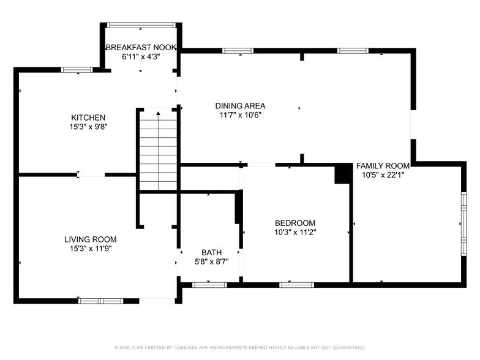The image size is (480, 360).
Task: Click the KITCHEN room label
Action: pyautogui.click(x=88, y=118)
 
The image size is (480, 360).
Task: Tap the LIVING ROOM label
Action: pyautogui.click(x=91, y=239)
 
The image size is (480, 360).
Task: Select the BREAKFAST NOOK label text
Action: pyautogui.click(x=141, y=47)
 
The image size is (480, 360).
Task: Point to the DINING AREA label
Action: pyautogui.click(x=240, y=105)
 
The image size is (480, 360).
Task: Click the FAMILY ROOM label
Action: pyautogui.click(x=383, y=165)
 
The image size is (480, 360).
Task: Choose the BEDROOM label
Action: pyautogui.click(x=294, y=223)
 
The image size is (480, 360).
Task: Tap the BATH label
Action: pyautogui.click(x=211, y=252)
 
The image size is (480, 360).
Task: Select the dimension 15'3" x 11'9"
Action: pyautogui.click(x=91, y=249)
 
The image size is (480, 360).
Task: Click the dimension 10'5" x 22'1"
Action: pyautogui.click(x=383, y=174)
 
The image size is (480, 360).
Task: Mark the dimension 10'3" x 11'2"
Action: pyautogui.click(x=294, y=232)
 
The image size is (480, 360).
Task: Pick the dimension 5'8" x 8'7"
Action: pyautogui.click(x=211, y=261)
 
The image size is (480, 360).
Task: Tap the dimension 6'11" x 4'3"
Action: pyautogui.click(x=141, y=56)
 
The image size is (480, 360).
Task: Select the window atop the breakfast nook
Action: pyautogui.click(x=141, y=25)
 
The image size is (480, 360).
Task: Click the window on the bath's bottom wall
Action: pyautogui.click(x=209, y=285)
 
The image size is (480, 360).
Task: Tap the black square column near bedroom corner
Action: pyautogui.click(x=342, y=175)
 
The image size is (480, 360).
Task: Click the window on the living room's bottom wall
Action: pyautogui.click(x=100, y=301)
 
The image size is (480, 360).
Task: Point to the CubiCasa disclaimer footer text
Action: pyautogui.click(x=239, y=347)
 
